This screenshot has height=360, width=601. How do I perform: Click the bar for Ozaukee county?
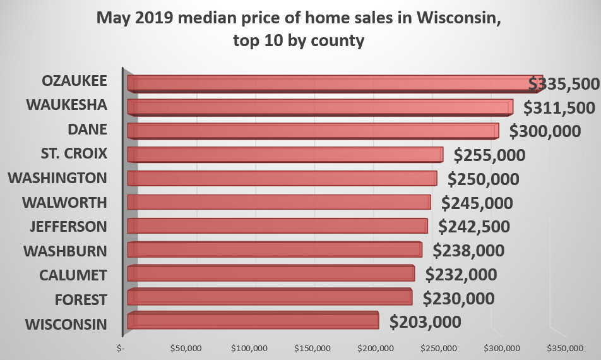[x=328, y=83]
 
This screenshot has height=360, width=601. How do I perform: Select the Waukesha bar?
[x=319, y=107]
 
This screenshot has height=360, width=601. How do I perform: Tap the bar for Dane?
[x=312, y=131]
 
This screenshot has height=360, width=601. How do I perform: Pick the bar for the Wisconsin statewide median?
[x=253, y=321]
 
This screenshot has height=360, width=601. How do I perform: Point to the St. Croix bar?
[x=284, y=155]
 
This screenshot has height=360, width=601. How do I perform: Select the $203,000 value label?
[x=425, y=321]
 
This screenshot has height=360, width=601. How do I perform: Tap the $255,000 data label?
[x=490, y=155]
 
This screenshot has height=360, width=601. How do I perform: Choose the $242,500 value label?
[x=474, y=226]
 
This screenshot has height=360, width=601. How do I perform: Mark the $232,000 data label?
[x=461, y=275]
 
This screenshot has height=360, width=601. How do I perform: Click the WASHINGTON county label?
[x=57, y=178]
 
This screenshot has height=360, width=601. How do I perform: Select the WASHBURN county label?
[x=65, y=251]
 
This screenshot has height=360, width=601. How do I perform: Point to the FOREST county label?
[x=81, y=299]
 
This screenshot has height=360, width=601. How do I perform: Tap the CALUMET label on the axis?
[x=73, y=275]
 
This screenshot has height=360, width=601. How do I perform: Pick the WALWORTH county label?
[x=64, y=203]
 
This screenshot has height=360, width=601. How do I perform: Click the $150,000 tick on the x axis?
[x=313, y=348]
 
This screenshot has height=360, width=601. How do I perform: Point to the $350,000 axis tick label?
[x=566, y=348]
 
